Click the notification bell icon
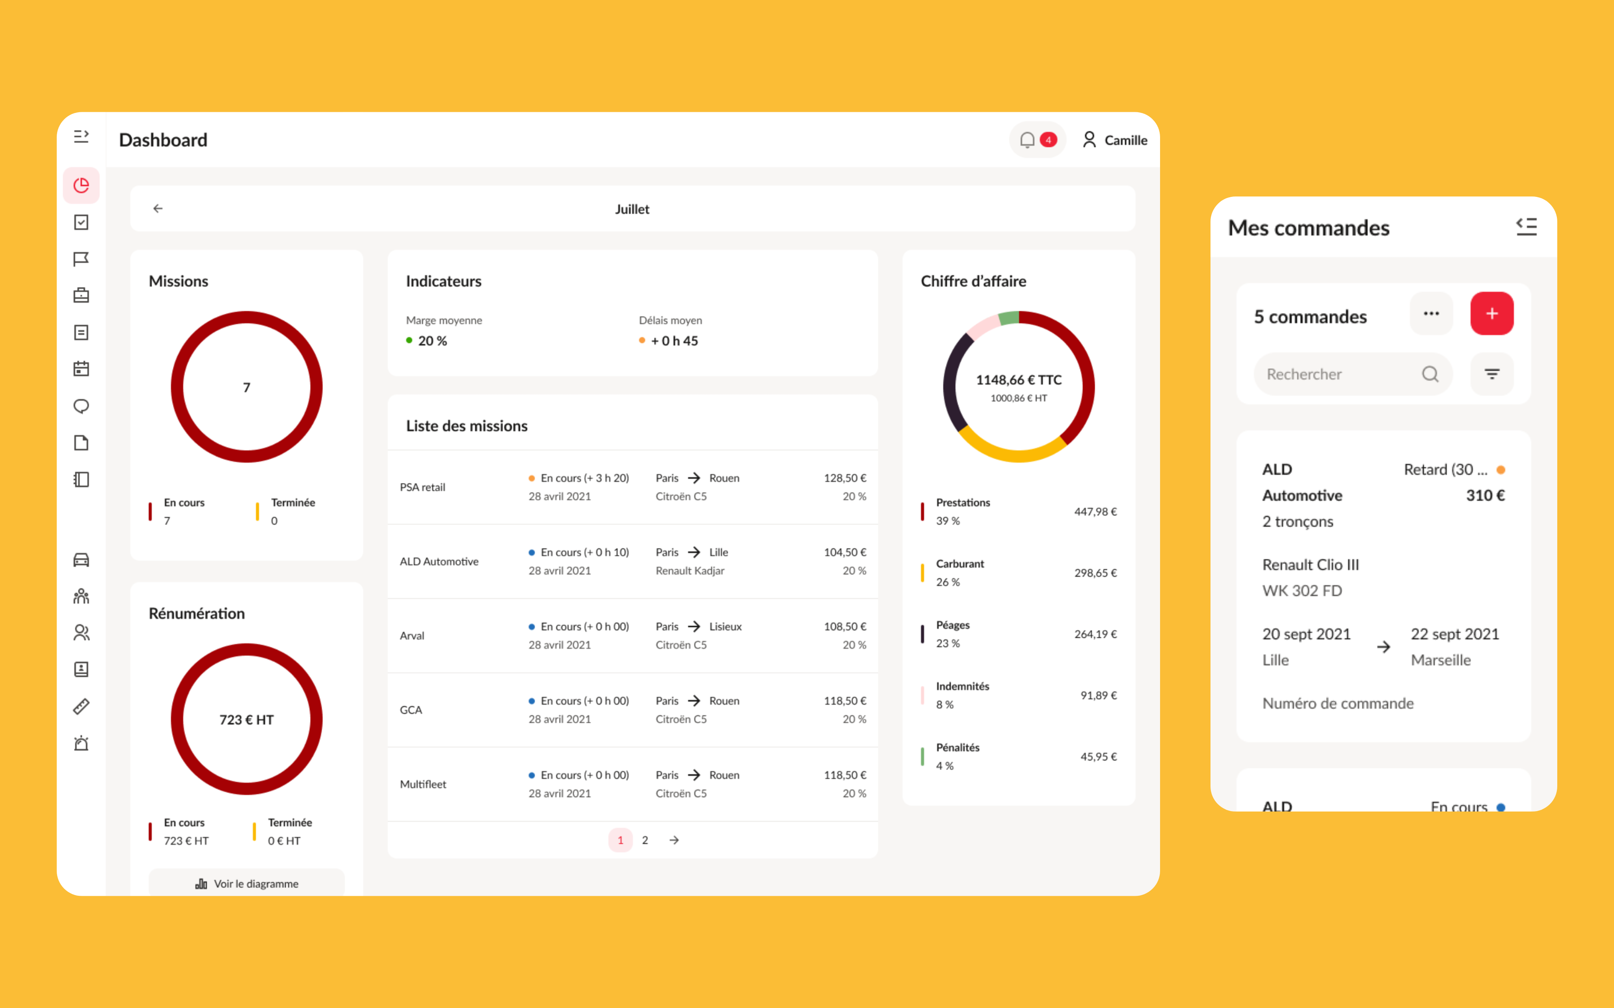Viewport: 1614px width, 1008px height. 1027,140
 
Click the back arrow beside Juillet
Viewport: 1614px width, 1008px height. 158,209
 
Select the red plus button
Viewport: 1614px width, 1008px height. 1491,313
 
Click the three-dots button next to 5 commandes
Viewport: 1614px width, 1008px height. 1431,313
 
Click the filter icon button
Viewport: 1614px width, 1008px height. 1491,374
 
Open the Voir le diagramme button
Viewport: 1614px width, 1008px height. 247,883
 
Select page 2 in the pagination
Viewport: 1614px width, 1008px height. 645,840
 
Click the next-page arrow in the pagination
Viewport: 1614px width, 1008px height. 674,840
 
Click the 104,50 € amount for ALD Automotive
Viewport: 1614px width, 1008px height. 844,552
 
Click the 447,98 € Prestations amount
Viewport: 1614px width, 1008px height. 1095,511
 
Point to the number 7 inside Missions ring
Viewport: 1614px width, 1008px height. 247,387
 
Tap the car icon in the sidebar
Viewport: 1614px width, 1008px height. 81,560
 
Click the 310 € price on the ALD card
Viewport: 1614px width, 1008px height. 1485,495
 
